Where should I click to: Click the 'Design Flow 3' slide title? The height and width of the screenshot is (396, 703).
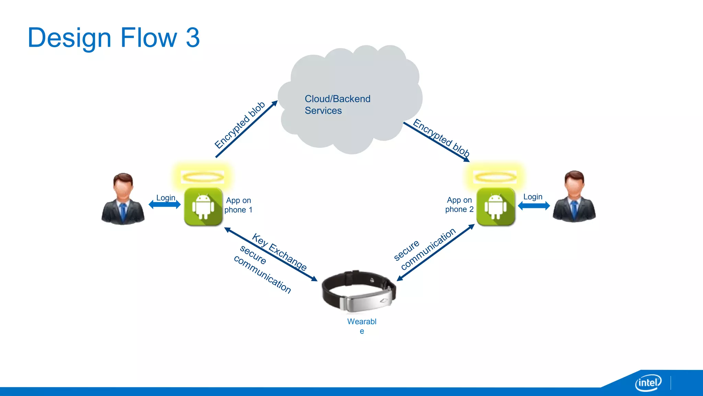pyautogui.click(x=113, y=38)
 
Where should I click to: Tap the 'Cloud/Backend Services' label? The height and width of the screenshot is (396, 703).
pyautogui.click(x=337, y=104)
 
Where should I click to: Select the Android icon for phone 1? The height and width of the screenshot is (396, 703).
pyautogui.click(x=203, y=207)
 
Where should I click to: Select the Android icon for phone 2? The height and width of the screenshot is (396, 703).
pyautogui.click(x=495, y=207)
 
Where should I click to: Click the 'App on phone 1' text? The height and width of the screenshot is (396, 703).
pyautogui.click(x=239, y=205)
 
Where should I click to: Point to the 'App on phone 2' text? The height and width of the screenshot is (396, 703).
pyautogui.click(x=459, y=205)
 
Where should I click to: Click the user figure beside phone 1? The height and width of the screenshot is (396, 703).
pyautogui.click(x=123, y=199)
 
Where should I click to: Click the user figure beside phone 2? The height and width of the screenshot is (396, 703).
pyautogui.click(x=574, y=197)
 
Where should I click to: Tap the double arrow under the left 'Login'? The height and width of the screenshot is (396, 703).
pyautogui.click(x=164, y=205)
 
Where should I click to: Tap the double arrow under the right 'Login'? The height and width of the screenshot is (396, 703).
pyautogui.click(x=534, y=206)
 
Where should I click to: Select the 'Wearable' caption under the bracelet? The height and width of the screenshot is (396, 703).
pyautogui.click(x=362, y=326)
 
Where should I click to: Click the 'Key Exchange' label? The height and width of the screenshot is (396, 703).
pyautogui.click(x=279, y=252)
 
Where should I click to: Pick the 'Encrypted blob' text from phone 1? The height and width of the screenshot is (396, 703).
pyautogui.click(x=240, y=125)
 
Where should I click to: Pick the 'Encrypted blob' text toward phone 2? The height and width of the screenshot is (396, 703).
pyautogui.click(x=441, y=137)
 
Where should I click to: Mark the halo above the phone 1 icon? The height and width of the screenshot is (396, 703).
pyautogui.click(x=203, y=177)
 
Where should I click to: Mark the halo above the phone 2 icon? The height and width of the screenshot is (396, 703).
pyautogui.click(x=495, y=177)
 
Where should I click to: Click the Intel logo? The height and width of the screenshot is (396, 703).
pyautogui.click(x=648, y=383)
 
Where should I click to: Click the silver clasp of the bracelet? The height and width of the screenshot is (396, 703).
pyautogui.click(x=366, y=301)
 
